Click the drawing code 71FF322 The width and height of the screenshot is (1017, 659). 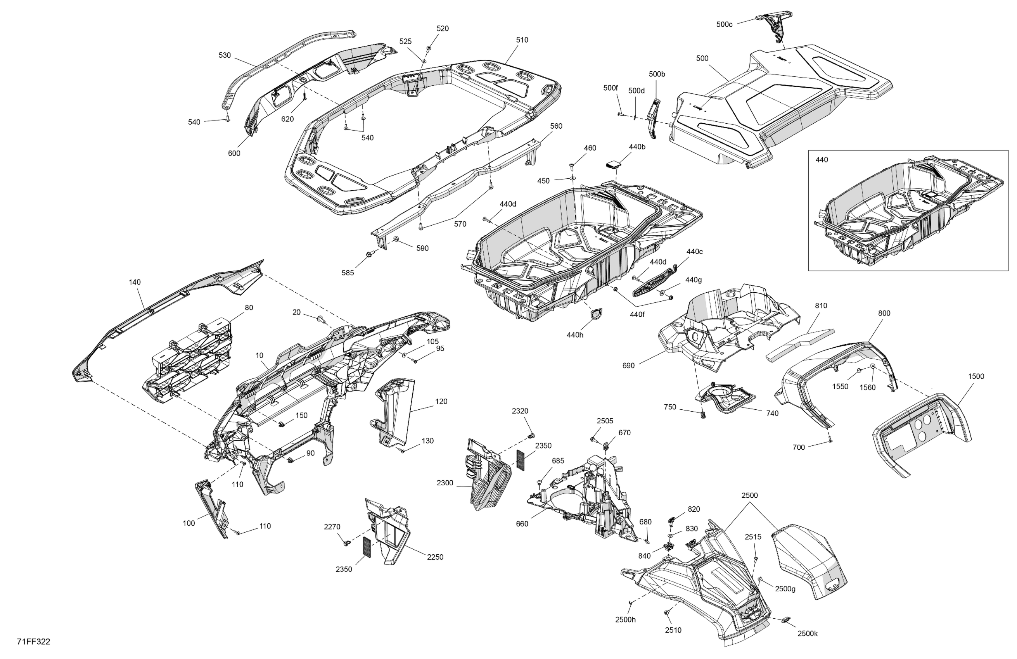tap(33, 642)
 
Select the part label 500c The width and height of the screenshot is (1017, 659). tap(724, 25)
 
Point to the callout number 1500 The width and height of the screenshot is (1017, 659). tap(976, 376)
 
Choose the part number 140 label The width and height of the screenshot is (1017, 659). tap(135, 282)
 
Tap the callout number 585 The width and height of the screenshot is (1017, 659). tap(348, 273)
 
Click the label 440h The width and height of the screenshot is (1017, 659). tap(575, 335)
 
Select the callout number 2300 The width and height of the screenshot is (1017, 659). tap(445, 483)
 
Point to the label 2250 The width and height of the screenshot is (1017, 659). tap(435, 557)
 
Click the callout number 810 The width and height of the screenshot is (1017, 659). tap(821, 306)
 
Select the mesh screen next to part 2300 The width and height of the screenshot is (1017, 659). tap(522, 460)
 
